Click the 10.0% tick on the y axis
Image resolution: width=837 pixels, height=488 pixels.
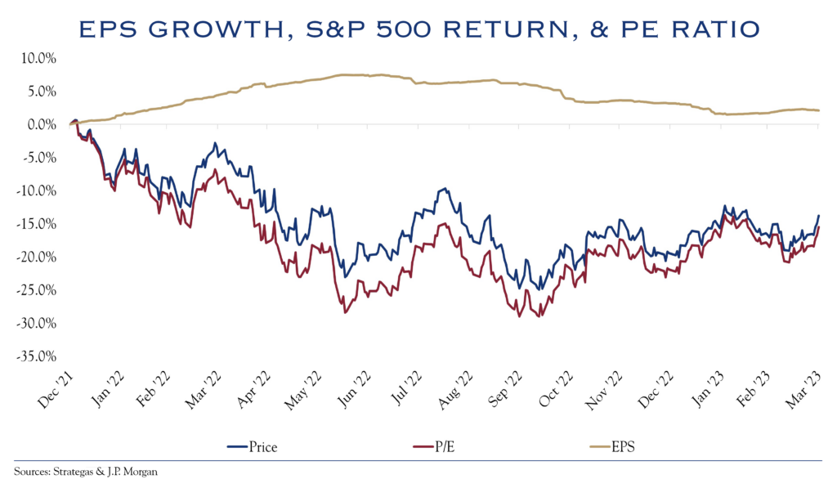tap(37, 59)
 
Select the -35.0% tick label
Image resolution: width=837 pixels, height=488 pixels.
tap(35, 356)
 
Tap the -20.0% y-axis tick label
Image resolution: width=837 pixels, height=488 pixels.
tap(35, 257)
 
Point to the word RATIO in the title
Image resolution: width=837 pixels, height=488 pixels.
tap(709, 30)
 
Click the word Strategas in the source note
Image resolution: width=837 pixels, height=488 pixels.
tap(74, 472)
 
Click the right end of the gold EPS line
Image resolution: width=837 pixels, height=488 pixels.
tap(819, 110)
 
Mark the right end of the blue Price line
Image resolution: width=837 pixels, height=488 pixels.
tap(819, 216)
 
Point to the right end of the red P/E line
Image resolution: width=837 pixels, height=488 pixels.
tap(819, 228)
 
